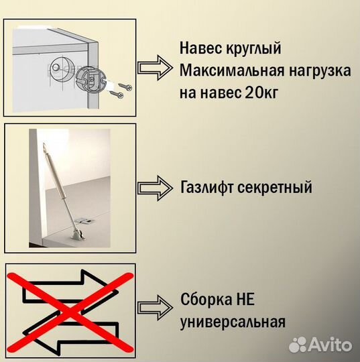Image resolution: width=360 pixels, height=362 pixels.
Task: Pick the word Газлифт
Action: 207,187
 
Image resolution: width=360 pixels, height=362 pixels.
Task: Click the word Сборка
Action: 205,299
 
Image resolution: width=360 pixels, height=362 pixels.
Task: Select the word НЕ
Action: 246,299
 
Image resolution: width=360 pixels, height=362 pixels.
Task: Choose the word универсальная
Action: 233,321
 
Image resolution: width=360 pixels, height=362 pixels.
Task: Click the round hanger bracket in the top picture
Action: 89,81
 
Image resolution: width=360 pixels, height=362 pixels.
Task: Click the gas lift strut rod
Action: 58,182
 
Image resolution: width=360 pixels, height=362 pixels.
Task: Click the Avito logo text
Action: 331,346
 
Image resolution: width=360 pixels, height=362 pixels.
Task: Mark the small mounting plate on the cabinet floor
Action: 86,219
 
